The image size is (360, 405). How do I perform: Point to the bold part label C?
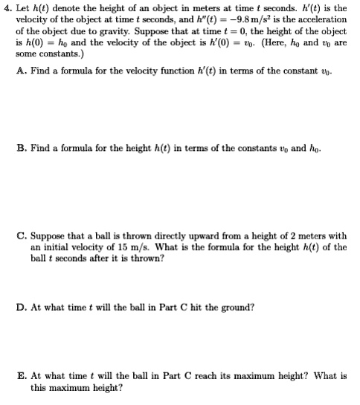tap(19, 238)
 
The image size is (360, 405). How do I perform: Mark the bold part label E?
tap(19, 376)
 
